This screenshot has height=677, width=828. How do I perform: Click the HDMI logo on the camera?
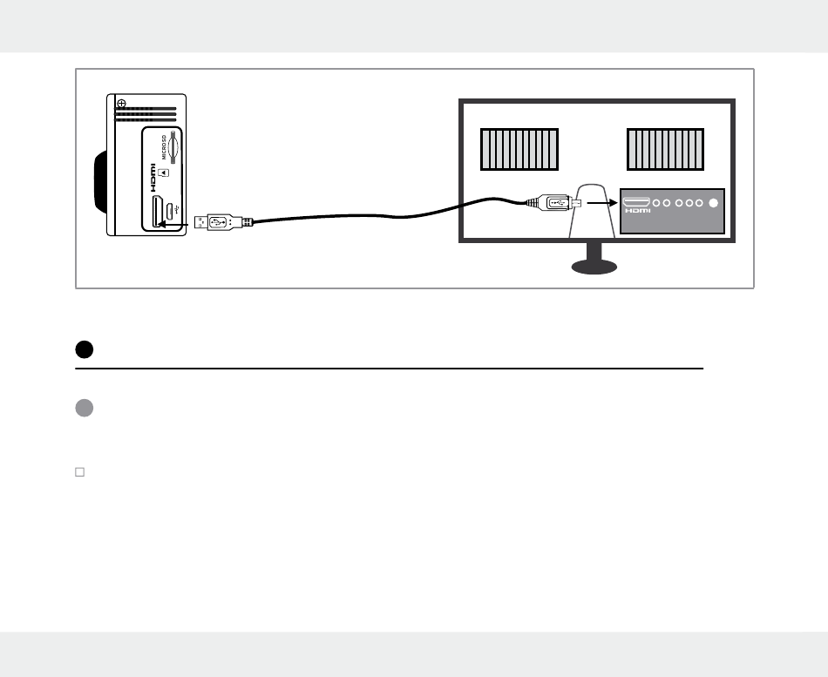pos(153,179)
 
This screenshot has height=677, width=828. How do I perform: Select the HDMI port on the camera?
pos(159,212)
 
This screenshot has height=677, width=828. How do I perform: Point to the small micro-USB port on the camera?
pos(172,212)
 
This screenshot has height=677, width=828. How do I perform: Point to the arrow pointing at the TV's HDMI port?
pos(601,203)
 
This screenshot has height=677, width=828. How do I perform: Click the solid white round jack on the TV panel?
pos(715,203)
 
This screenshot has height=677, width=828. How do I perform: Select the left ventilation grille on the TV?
pos(519,149)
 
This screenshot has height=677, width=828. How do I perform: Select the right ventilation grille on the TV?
pos(664,149)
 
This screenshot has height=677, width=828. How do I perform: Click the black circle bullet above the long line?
pos(84,350)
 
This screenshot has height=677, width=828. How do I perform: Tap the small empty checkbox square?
pos(79,471)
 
